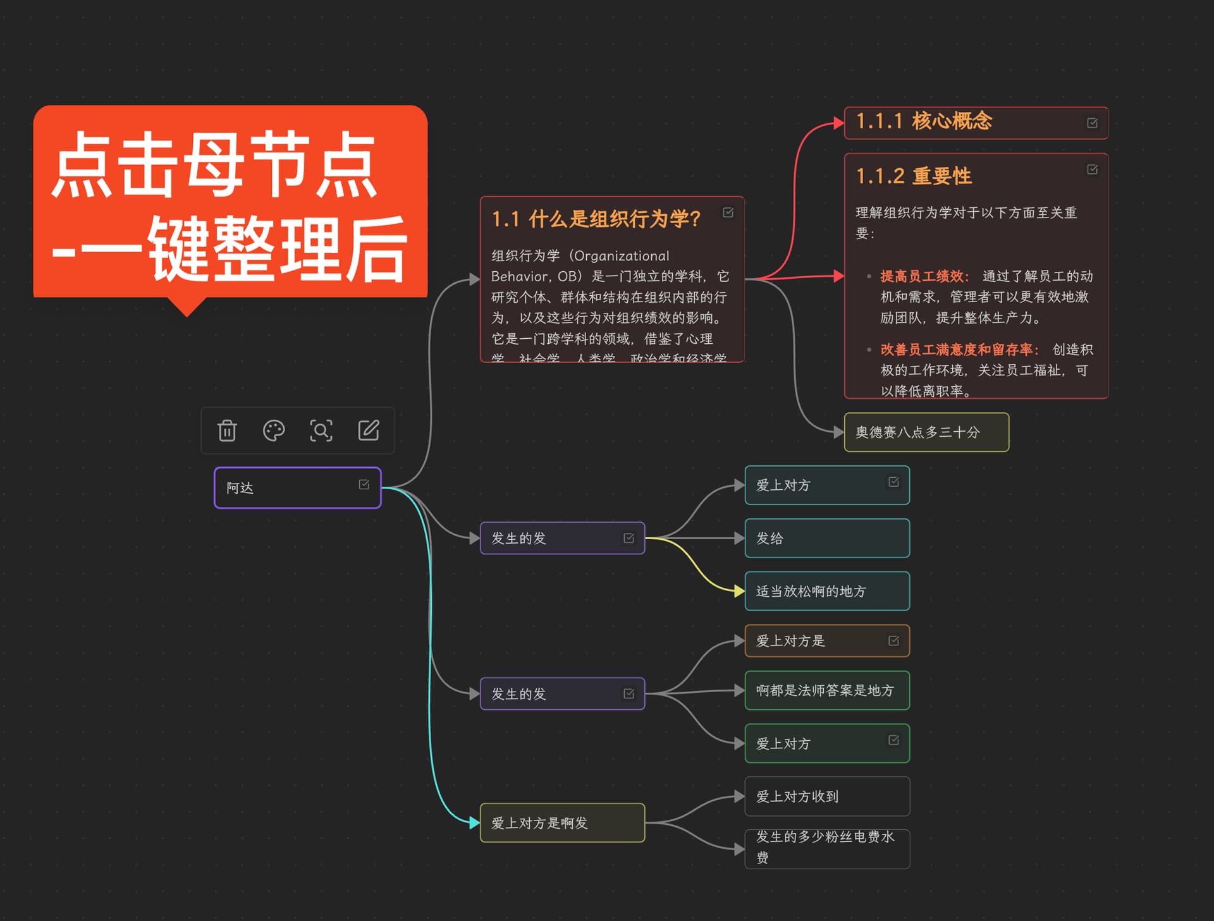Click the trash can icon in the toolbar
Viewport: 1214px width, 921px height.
(x=227, y=430)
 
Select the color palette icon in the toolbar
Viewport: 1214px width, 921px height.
(x=274, y=430)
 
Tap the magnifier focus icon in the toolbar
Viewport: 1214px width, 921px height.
(x=321, y=430)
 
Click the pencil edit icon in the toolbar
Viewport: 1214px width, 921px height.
(x=369, y=430)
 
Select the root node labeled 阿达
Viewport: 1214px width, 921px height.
(x=285, y=488)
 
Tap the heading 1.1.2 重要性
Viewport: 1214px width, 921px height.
(x=914, y=176)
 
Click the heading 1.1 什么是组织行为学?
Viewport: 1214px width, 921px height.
(x=596, y=219)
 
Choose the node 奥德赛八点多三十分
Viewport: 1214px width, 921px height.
(x=926, y=432)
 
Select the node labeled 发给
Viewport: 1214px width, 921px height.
(x=826, y=539)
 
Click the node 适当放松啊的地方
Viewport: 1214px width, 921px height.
(x=826, y=592)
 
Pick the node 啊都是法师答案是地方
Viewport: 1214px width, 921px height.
(x=826, y=690)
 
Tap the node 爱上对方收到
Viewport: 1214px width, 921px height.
(x=826, y=796)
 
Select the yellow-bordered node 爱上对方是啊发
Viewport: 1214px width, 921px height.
(x=561, y=823)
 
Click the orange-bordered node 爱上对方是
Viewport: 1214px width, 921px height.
(x=816, y=641)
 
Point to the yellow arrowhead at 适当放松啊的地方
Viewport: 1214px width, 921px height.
(x=739, y=592)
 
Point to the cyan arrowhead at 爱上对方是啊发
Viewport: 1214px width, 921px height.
(x=474, y=823)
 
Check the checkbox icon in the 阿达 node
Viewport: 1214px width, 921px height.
(x=364, y=484)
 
